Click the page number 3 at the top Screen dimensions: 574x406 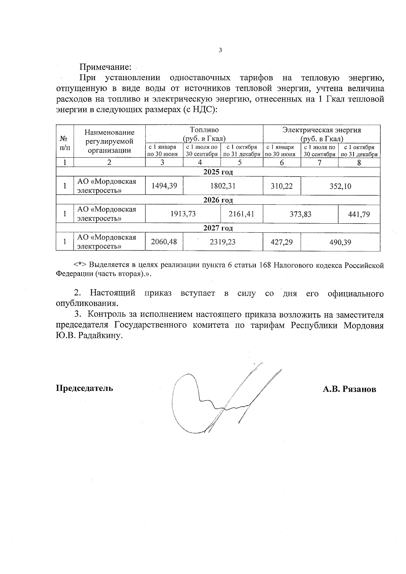220,50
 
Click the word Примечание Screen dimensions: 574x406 105,67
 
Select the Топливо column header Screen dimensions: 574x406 204,134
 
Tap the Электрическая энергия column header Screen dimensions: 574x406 321,134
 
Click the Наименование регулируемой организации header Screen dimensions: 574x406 109,141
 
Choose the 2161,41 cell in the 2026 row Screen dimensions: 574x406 241,214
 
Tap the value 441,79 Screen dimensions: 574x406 359,214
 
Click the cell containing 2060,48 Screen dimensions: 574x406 164,242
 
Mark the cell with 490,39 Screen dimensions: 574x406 340,242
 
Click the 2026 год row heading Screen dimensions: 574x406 218,200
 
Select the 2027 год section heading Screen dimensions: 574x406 218,228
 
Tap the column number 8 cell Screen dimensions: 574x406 359,163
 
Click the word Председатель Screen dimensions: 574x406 84,388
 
